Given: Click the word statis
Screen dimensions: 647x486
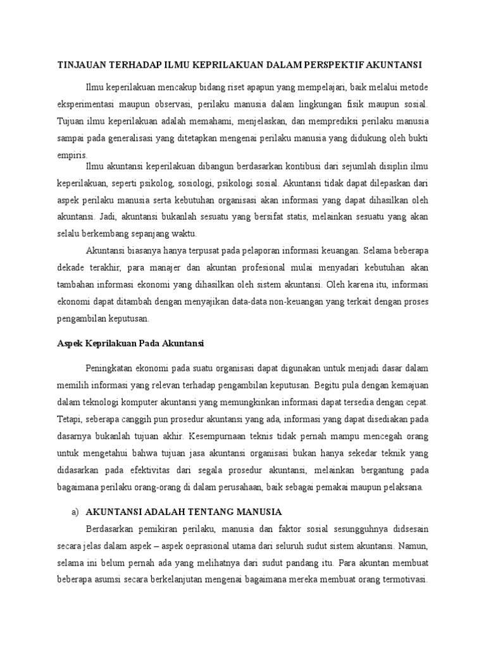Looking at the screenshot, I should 300,217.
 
